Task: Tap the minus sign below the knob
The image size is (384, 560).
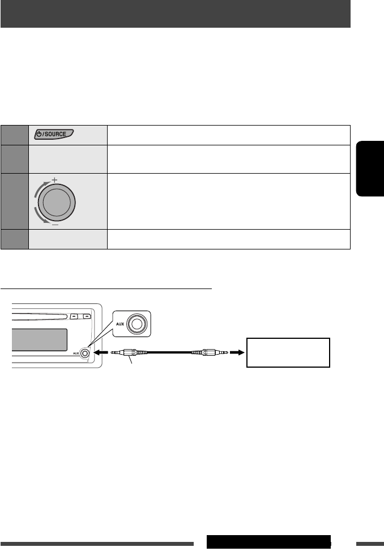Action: [x=55, y=224]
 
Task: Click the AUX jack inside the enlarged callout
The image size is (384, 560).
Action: [x=136, y=324]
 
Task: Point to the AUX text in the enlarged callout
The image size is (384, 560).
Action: [x=121, y=324]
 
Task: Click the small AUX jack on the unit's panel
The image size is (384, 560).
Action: [x=85, y=354]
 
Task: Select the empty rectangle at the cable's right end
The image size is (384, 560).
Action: [x=288, y=353]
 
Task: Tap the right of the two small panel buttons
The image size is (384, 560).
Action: [x=87, y=316]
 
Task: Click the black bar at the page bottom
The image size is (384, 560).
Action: [x=268, y=541]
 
